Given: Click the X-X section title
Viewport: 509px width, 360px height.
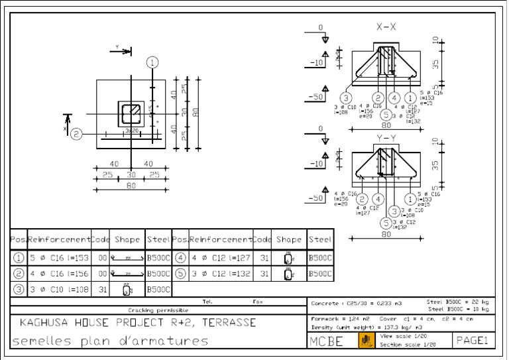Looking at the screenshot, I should tap(386, 27).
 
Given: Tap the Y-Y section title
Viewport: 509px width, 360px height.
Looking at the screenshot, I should tap(386, 137).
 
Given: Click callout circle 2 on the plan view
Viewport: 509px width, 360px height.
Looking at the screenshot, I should tap(77, 134).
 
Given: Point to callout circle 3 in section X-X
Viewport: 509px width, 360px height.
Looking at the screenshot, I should tap(346, 97).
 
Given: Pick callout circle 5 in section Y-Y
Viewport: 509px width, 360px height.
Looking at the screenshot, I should tap(386, 223).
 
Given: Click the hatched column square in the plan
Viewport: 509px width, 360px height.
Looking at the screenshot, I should tap(131, 112).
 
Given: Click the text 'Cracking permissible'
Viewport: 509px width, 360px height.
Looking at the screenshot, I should tap(158, 310).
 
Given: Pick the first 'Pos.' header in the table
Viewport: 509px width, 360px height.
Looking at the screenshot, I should tap(17, 239).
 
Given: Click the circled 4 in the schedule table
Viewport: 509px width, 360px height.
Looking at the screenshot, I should tap(180, 258).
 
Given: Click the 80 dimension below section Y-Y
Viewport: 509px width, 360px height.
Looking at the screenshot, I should tap(386, 234).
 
